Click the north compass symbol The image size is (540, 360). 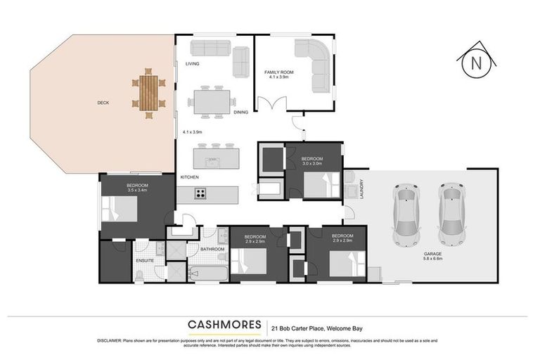(x=476, y=63)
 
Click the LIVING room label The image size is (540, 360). (x=193, y=64)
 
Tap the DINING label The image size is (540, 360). (x=241, y=112)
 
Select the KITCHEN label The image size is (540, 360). (x=191, y=176)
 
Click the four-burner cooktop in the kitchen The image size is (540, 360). (x=200, y=193)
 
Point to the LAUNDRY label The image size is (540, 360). (x=361, y=188)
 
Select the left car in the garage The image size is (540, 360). (x=407, y=211)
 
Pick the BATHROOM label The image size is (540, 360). (x=212, y=249)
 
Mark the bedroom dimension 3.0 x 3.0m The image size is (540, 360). (x=311, y=164)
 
